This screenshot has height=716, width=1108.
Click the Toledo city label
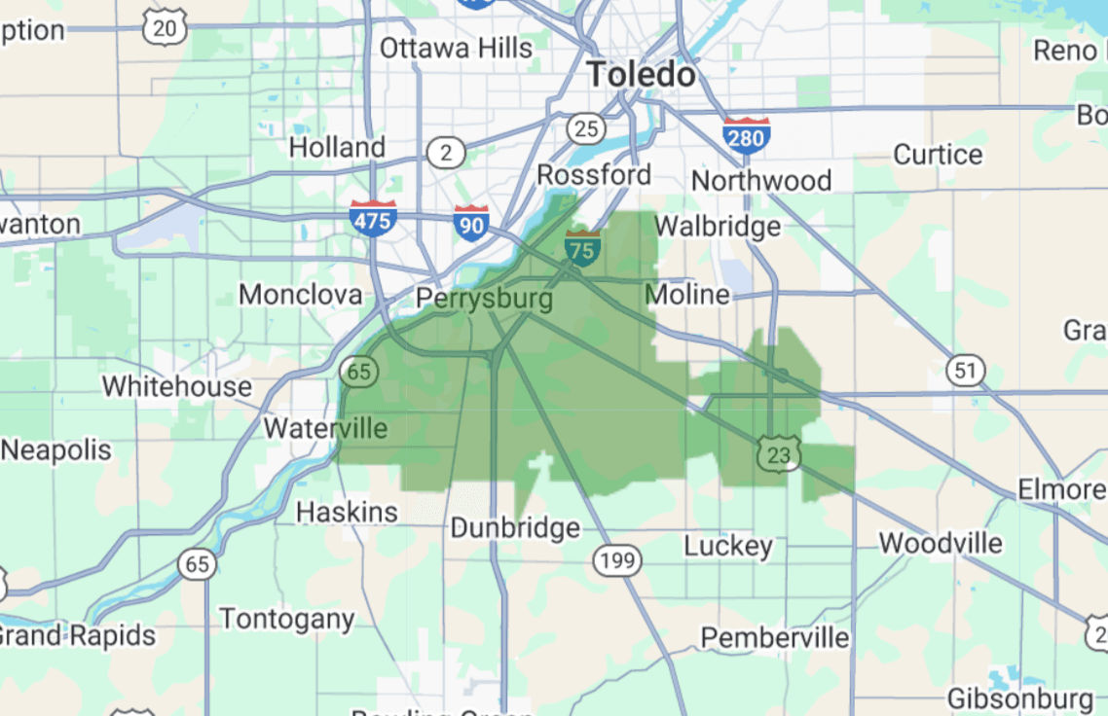[642, 75]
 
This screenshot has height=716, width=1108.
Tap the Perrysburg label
[484, 298]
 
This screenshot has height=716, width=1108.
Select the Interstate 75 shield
[582, 247]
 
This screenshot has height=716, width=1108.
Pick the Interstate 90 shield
[471, 223]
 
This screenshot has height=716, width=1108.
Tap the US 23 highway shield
[779, 453]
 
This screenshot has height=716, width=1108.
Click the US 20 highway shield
[165, 27]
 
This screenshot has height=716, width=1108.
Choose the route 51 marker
[965, 370]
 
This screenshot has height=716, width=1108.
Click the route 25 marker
[586, 127]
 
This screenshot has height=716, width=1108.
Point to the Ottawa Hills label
[456, 48]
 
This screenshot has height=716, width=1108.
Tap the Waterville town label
[325, 428]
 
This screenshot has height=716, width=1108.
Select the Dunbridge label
[515, 528]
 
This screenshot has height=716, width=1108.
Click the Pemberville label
[775, 638]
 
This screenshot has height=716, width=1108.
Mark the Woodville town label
[941, 543]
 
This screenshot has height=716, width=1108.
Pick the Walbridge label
[717, 227]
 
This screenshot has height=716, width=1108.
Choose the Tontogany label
[286, 619]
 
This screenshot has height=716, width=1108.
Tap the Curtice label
[938, 155]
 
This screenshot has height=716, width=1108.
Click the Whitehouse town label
[176, 386]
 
